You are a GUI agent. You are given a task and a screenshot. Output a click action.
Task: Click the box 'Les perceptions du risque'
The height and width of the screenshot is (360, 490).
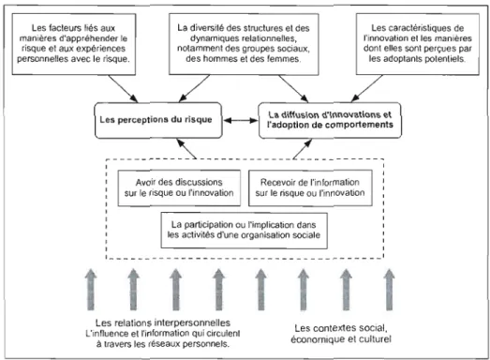[x=158, y=120]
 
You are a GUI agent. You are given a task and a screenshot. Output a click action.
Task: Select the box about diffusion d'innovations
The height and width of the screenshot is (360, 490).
[x=330, y=120]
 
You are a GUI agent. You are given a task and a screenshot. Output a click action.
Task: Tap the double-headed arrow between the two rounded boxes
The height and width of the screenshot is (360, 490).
[x=240, y=120]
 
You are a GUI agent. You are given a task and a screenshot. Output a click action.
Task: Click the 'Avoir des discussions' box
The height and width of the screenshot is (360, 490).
[x=179, y=188]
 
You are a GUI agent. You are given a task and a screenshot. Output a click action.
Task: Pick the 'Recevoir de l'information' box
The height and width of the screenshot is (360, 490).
[x=310, y=188]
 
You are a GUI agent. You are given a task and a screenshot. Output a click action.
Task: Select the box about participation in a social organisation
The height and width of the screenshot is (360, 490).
[x=244, y=231]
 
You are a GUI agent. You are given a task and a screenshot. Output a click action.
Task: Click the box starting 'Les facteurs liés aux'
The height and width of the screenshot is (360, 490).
[x=74, y=44]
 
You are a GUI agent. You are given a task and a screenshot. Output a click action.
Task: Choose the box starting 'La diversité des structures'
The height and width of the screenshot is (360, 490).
[x=244, y=44]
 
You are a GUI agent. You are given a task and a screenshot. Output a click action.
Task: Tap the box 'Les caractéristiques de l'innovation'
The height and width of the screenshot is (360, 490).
[x=418, y=44]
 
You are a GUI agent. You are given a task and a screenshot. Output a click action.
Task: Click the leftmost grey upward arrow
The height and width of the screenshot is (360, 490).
[x=91, y=290]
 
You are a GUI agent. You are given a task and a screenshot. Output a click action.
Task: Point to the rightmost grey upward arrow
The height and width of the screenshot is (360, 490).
[x=389, y=290]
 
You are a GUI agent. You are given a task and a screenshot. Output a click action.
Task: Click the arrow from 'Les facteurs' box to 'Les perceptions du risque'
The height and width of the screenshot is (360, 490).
[x=123, y=88]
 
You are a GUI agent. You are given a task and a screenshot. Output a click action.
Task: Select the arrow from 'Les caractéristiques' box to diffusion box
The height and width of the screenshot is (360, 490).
[x=366, y=88]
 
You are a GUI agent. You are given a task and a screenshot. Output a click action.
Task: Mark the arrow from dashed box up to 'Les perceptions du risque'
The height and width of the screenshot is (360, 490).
[x=186, y=149]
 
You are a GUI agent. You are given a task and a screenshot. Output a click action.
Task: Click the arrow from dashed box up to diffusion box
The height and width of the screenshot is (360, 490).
[x=303, y=149]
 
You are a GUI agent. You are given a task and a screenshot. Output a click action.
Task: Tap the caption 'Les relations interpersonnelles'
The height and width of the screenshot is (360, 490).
[x=163, y=322]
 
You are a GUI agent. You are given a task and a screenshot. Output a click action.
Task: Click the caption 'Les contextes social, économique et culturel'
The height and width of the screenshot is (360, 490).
[x=341, y=334]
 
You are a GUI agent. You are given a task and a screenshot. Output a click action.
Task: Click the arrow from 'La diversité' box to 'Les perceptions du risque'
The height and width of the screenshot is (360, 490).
[x=194, y=88]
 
